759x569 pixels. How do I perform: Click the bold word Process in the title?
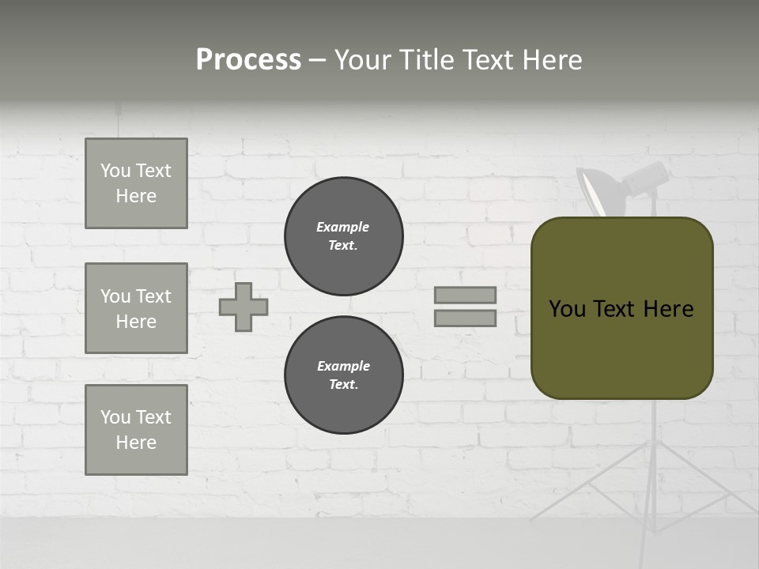pos(248,60)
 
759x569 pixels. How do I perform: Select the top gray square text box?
pos(136,183)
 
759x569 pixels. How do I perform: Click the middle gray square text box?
pos(136,308)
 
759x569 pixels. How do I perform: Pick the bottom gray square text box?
pos(136,430)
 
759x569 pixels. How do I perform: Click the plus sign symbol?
pos(244,307)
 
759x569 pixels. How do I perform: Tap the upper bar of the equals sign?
pos(465,295)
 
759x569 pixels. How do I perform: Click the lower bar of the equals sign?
pos(465,318)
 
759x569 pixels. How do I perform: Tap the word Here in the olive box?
pos(668,309)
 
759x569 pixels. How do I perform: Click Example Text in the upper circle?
pos(343,236)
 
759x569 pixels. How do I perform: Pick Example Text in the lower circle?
pos(343,375)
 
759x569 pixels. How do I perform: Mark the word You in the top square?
pos(115,171)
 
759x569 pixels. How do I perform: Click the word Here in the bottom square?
pos(136,443)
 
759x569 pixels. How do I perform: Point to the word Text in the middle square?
pos(153,296)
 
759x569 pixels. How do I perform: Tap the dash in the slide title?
pos(317,60)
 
